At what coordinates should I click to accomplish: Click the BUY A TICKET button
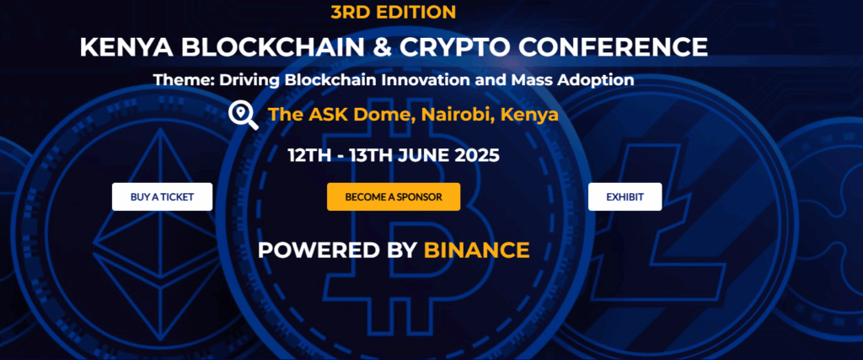click(x=162, y=197)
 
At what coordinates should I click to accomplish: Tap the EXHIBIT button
click(x=624, y=197)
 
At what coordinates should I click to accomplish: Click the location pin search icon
click(x=244, y=115)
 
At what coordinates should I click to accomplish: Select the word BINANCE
click(x=477, y=250)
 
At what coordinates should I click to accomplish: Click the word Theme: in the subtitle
click(x=180, y=81)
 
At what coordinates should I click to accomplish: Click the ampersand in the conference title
click(x=382, y=47)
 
